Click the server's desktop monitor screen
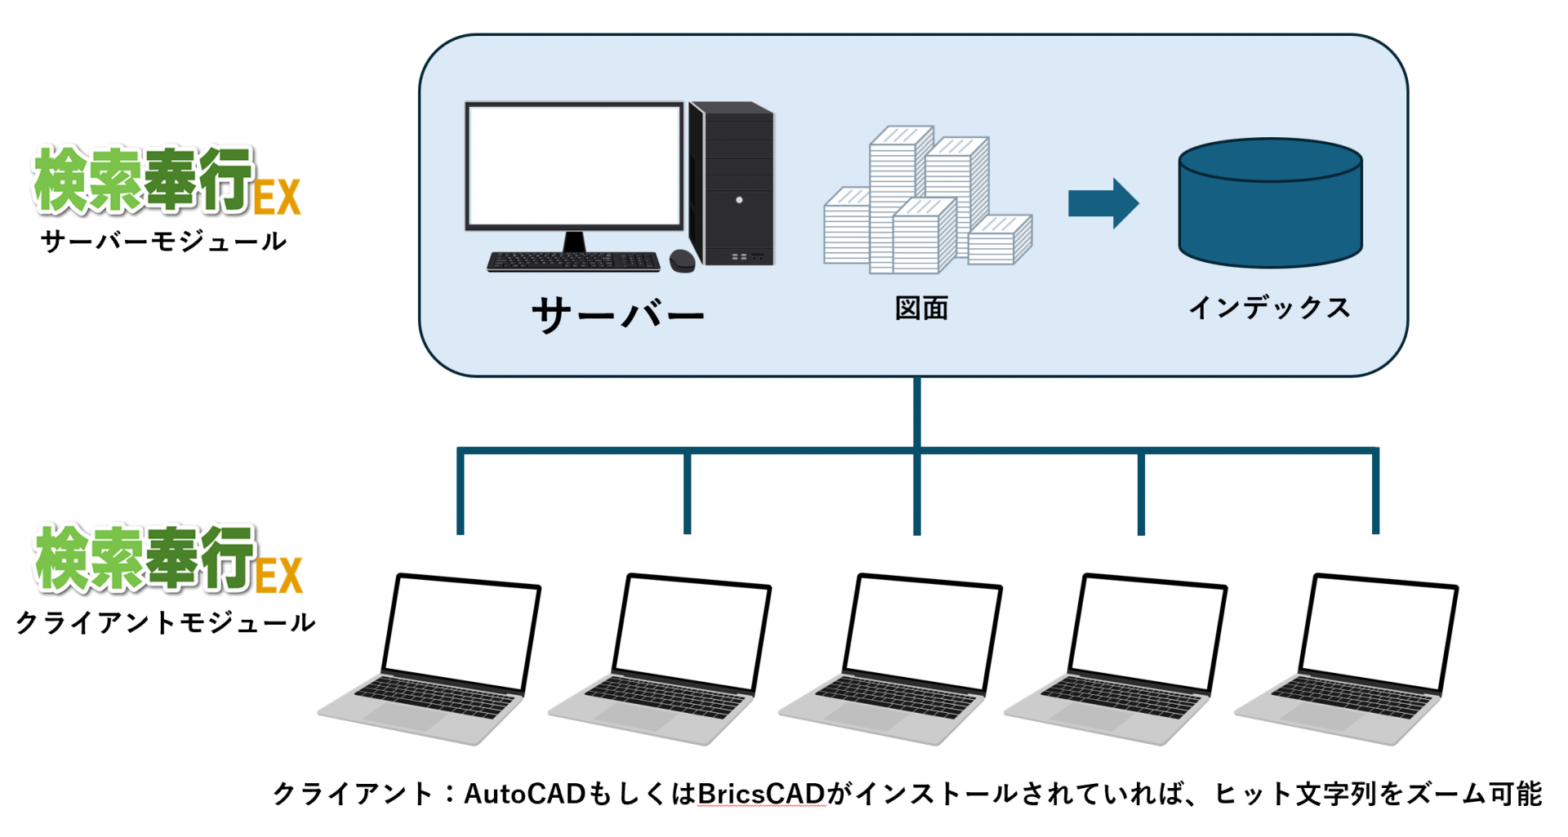574,167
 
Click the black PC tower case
733,184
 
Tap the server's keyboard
573,261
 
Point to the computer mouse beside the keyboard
682,261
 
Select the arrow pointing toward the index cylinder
1102,203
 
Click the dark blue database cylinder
1270,204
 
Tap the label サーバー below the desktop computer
617,315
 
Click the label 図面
921,309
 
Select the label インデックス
1269,308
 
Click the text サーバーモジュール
163,242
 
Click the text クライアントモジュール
165,623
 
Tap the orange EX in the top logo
277,197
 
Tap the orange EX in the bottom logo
278,575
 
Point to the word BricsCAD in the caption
761,794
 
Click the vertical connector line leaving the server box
917,412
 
